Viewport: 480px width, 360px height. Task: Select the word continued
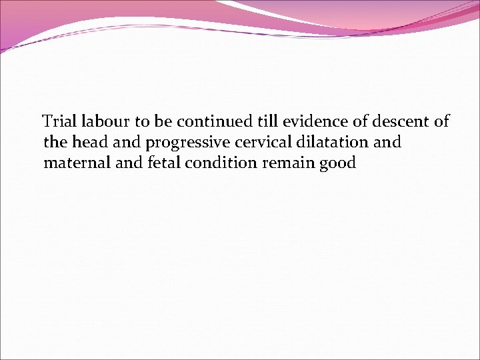point(212,121)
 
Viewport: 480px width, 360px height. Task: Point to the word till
point(263,121)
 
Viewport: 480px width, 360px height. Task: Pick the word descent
point(398,121)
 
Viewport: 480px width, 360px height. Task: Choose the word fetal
point(153,163)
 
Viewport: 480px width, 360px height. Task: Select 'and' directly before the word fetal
point(119,163)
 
